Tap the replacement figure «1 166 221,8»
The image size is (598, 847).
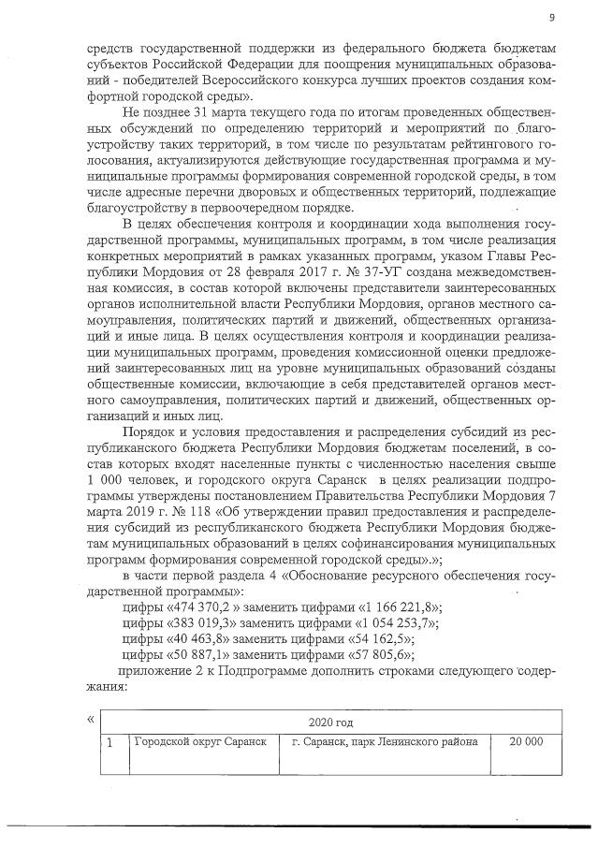pos(399,607)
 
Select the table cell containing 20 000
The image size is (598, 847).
pos(525,742)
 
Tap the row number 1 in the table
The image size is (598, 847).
pos(111,743)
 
